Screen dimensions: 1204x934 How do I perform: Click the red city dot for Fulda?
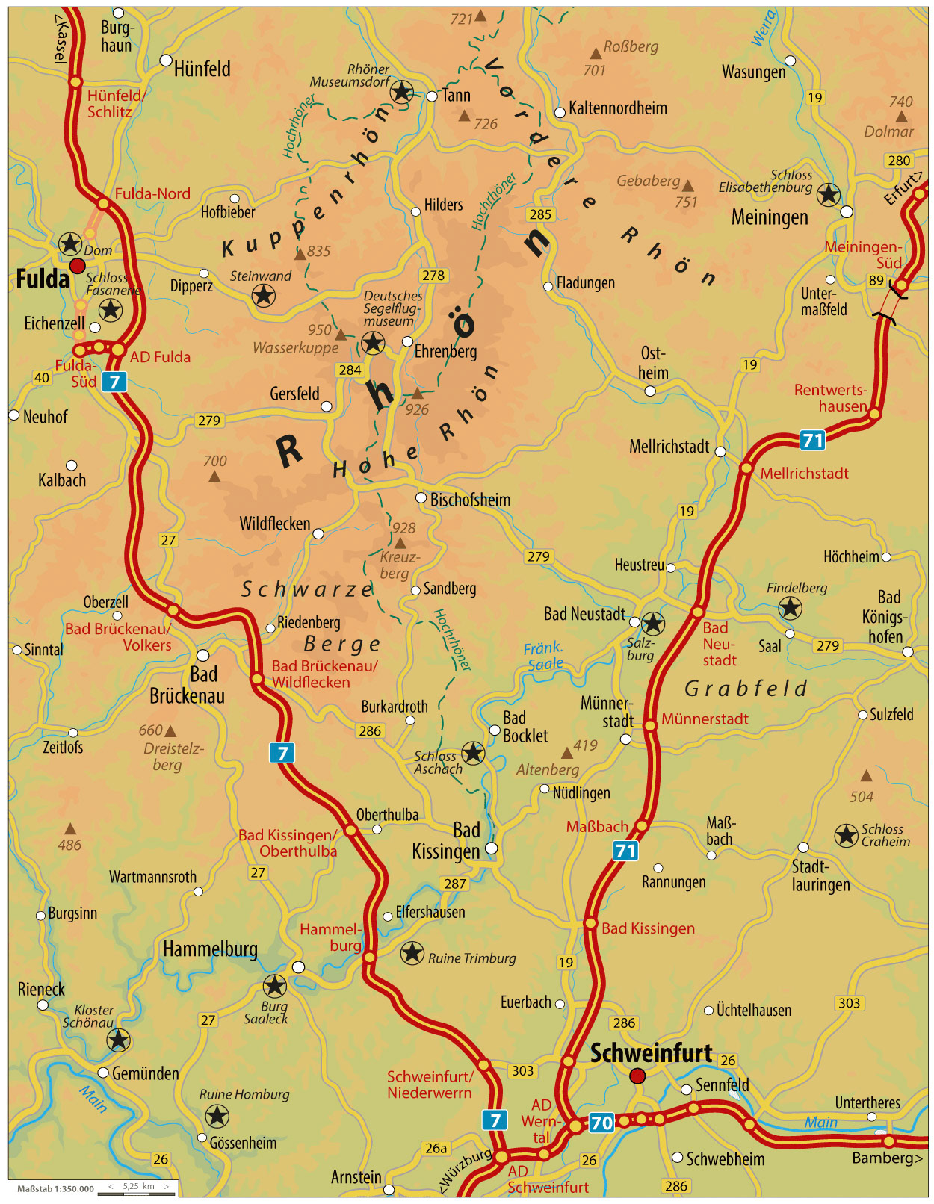tap(77, 266)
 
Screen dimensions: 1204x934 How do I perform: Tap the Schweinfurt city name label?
tap(651, 1053)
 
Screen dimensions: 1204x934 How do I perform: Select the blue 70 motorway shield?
tap(601, 1123)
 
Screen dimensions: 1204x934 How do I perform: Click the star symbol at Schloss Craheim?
tap(846, 835)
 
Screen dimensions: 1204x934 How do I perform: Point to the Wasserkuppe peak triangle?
tap(341, 335)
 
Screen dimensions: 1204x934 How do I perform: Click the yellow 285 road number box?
tap(539, 214)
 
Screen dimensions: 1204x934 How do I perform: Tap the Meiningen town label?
tap(769, 217)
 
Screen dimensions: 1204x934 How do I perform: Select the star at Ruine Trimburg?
tap(412, 953)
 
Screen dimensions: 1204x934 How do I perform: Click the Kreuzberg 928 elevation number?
tap(403, 527)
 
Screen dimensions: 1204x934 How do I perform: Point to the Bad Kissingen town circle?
tap(491, 848)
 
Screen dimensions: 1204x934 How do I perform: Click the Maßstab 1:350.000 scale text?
tap(55, 1188)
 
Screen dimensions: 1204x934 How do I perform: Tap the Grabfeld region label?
tap(746, 688)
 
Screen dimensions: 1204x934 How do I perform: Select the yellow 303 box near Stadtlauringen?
tap(849, 1003)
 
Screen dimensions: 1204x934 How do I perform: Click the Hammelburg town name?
tap(210, 949)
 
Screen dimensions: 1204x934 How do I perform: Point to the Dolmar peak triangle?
tap(902, 117)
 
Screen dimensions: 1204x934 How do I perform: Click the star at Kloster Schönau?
tap(118, 1039)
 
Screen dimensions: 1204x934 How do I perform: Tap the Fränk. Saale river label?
tap(545, 656)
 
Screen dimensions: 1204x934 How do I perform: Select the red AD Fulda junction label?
tap(160, 357)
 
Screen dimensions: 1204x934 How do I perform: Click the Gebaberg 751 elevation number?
tap(685, 202)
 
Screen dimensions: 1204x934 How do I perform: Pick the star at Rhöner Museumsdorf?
tap(402, 92)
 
